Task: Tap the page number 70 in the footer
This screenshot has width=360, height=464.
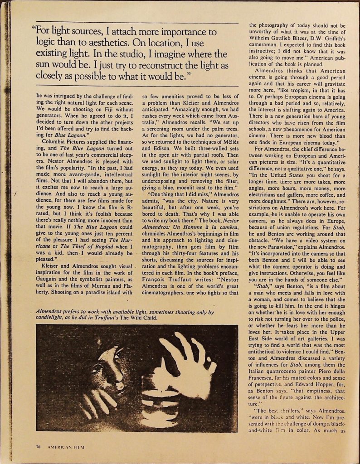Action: tap(38, 446)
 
